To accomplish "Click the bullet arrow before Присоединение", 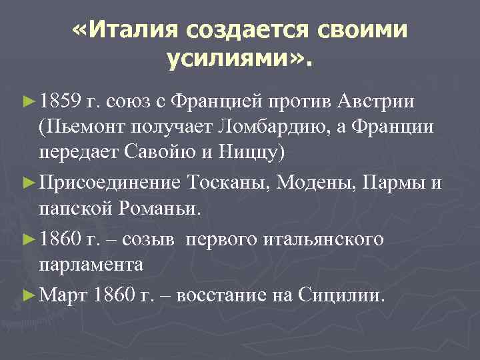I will click(28, 182).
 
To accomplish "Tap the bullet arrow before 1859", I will click(28, 101).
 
